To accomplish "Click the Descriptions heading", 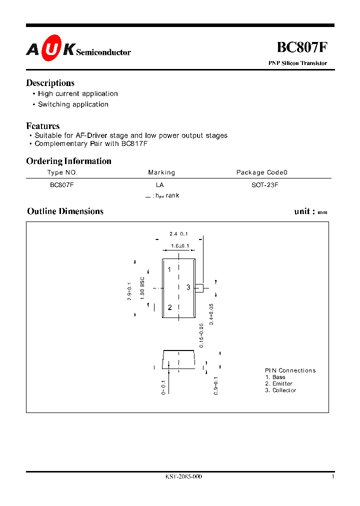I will pyautogui.click(x=50, y=83).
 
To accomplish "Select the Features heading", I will pyautogui.click(x=43, y=126).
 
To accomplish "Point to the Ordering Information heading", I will pyautogui.click(x=68, y=161).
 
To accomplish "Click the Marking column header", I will pyautogui.click(x=161, y=172).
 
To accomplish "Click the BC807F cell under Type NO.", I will pyautogui.click(x=62, y=184).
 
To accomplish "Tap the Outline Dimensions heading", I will pyautogui.click(x=65, y=211).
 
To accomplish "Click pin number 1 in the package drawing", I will pyautogui.click(x=169, y=270).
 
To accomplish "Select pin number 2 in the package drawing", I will pyautogui.click(x=170, y=307).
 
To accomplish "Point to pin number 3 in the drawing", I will pyautogui.click(x=188, y=287).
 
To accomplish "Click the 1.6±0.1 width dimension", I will pyautogui.click(x=179, y=246).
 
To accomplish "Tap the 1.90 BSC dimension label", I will pyautogui.click(x=142, y=288).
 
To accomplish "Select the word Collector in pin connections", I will pyautogui.click(x=284, y=390).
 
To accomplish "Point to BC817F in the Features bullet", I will pyautogui.click(x=134, y=143).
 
